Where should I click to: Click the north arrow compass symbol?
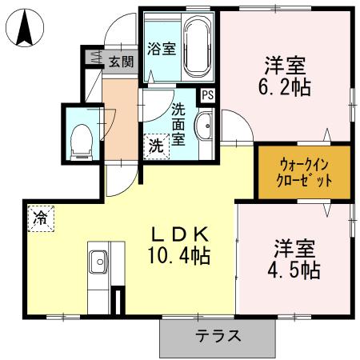click(24, 30)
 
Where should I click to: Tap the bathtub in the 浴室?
click(197, 47)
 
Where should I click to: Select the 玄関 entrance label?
click(121, 60)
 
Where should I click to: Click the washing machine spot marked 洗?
click(156, 146)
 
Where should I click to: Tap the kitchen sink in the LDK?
click(100, 260)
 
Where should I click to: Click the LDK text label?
click(182, 234)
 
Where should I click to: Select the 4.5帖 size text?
click(294, 269)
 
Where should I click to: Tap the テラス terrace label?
click(218, 336)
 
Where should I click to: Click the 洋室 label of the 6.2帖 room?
click(286, 62)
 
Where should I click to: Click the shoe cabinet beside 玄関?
click(94, 58)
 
